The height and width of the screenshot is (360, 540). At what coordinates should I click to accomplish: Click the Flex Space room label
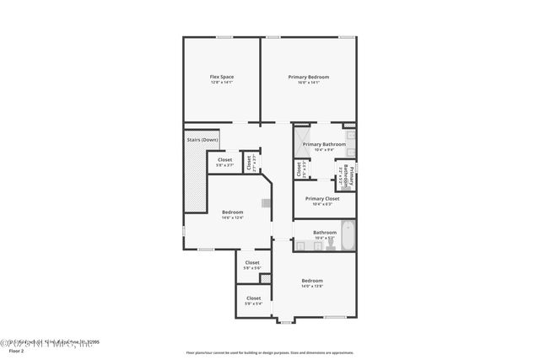click(x=222, y=77)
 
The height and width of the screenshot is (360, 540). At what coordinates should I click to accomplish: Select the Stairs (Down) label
click(x=202, y=139)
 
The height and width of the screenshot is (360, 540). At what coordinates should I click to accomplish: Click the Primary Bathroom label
click(x=324, y=144)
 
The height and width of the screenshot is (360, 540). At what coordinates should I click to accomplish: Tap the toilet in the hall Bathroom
click(x=300, y=245)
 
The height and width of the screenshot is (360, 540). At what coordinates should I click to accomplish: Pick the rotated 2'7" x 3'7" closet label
click(x=250, y=162)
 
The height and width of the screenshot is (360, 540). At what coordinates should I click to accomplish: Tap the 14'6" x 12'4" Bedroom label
click(x=233, y=214)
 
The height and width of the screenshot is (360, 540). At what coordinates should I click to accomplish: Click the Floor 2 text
click(x=11, y=351)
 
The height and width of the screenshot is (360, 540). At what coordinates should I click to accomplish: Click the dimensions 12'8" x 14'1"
click(x=222, y=82)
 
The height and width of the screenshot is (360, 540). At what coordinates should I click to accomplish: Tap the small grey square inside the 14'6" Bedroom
click(x=267, y=202)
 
